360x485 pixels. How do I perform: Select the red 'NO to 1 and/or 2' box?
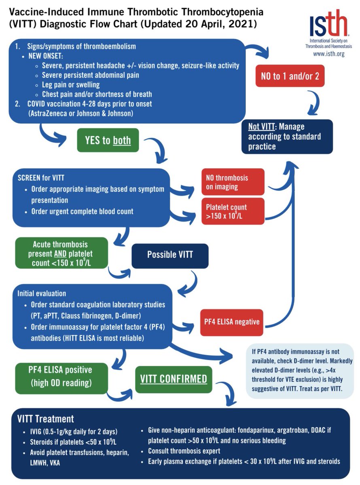(290, 76)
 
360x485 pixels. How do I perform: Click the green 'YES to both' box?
(108, 140)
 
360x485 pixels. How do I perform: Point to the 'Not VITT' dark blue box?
(287, 137)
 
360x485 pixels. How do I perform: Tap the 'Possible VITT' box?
(170, 255)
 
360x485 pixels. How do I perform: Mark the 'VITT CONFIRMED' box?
(174, 379)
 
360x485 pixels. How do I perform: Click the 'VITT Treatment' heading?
(45, 419)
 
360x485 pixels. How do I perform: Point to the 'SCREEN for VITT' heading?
(41, 178)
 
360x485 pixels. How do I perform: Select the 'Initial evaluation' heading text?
(42, 293)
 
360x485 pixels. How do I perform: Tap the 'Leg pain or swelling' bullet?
(71, 85)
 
